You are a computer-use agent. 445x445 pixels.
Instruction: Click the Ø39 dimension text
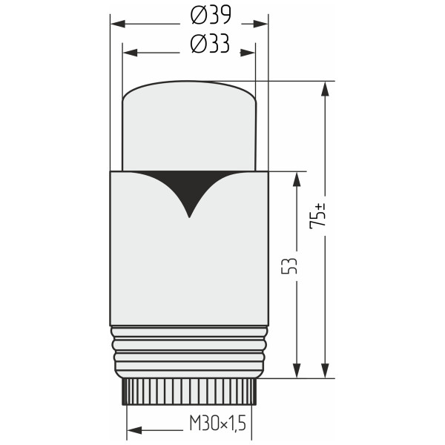[210, 16]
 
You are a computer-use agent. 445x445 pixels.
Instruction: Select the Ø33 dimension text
[210, 45]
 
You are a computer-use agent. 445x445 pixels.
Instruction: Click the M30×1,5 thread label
[217, 423]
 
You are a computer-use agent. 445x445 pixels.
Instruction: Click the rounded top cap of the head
[188, 122]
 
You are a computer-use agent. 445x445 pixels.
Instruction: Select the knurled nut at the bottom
[189, 392]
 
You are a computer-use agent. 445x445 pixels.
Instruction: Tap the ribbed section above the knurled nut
[189, 352]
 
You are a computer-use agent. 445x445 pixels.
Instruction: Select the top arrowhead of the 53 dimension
[297, 179]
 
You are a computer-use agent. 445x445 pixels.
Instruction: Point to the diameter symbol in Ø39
[198, 16]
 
